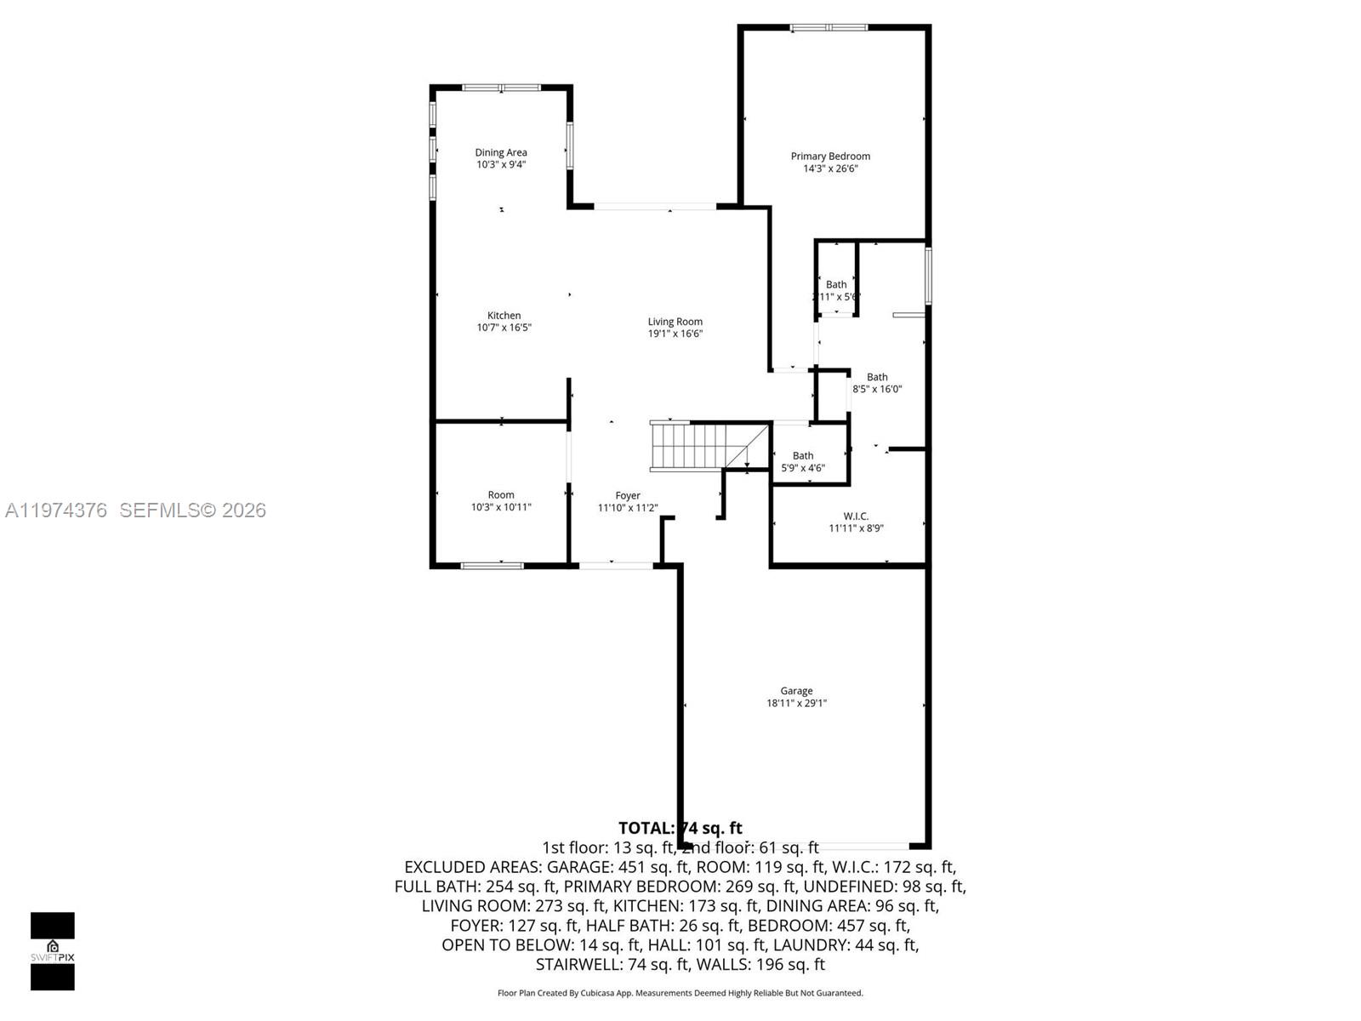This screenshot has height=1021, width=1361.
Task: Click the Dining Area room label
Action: (x=501, y=152)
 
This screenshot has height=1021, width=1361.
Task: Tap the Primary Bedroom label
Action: (x=830, y=156)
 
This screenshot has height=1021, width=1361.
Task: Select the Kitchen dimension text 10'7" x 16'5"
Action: (x=504, y=328)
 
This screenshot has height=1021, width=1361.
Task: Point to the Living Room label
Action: (x=675, y=322)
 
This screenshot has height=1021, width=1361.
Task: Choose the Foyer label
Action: (x=628, y=495)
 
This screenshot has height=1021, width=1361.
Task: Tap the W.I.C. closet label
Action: (x=856, y=516)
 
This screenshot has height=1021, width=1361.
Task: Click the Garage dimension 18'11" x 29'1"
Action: (x=796, y=703)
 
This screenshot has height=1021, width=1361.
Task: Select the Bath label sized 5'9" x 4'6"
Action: (x=803, y=456)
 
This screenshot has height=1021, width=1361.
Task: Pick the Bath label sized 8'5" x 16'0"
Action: (x=877, y=377)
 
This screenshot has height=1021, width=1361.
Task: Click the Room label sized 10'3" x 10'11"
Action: (x=501, y=494)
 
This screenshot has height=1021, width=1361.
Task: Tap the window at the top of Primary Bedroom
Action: (x=829, y=28)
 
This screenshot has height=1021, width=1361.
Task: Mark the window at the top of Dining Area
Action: (x=501, y=88)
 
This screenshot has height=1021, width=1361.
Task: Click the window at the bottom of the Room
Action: (x=492, y=565)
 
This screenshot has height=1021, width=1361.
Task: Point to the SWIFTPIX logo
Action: (x=53, y=950)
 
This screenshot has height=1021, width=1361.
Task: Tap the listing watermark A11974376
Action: (x=56, y=510)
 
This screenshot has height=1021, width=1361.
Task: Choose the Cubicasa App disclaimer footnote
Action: (x=680, y=993)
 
